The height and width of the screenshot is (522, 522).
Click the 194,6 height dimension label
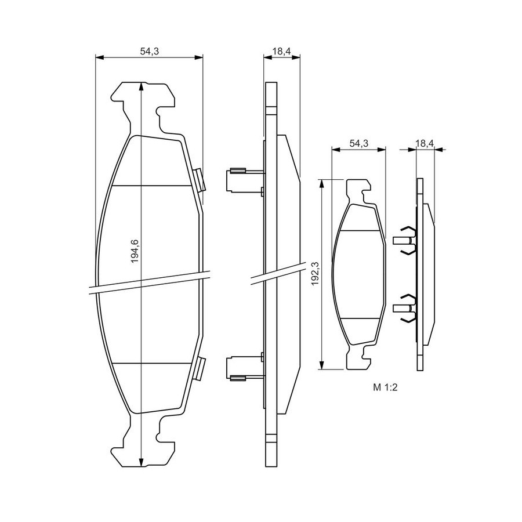135,251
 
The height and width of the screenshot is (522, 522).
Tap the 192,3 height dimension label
315,273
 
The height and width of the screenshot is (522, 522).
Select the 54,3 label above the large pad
150,51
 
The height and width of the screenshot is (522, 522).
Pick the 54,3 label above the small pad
359,143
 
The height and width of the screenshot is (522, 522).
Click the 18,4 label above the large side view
282,51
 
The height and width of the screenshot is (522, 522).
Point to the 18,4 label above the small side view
425,143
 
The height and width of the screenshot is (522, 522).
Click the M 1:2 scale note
386,387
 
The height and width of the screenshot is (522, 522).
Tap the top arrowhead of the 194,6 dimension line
142,86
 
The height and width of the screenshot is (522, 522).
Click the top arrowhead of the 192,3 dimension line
321,184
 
